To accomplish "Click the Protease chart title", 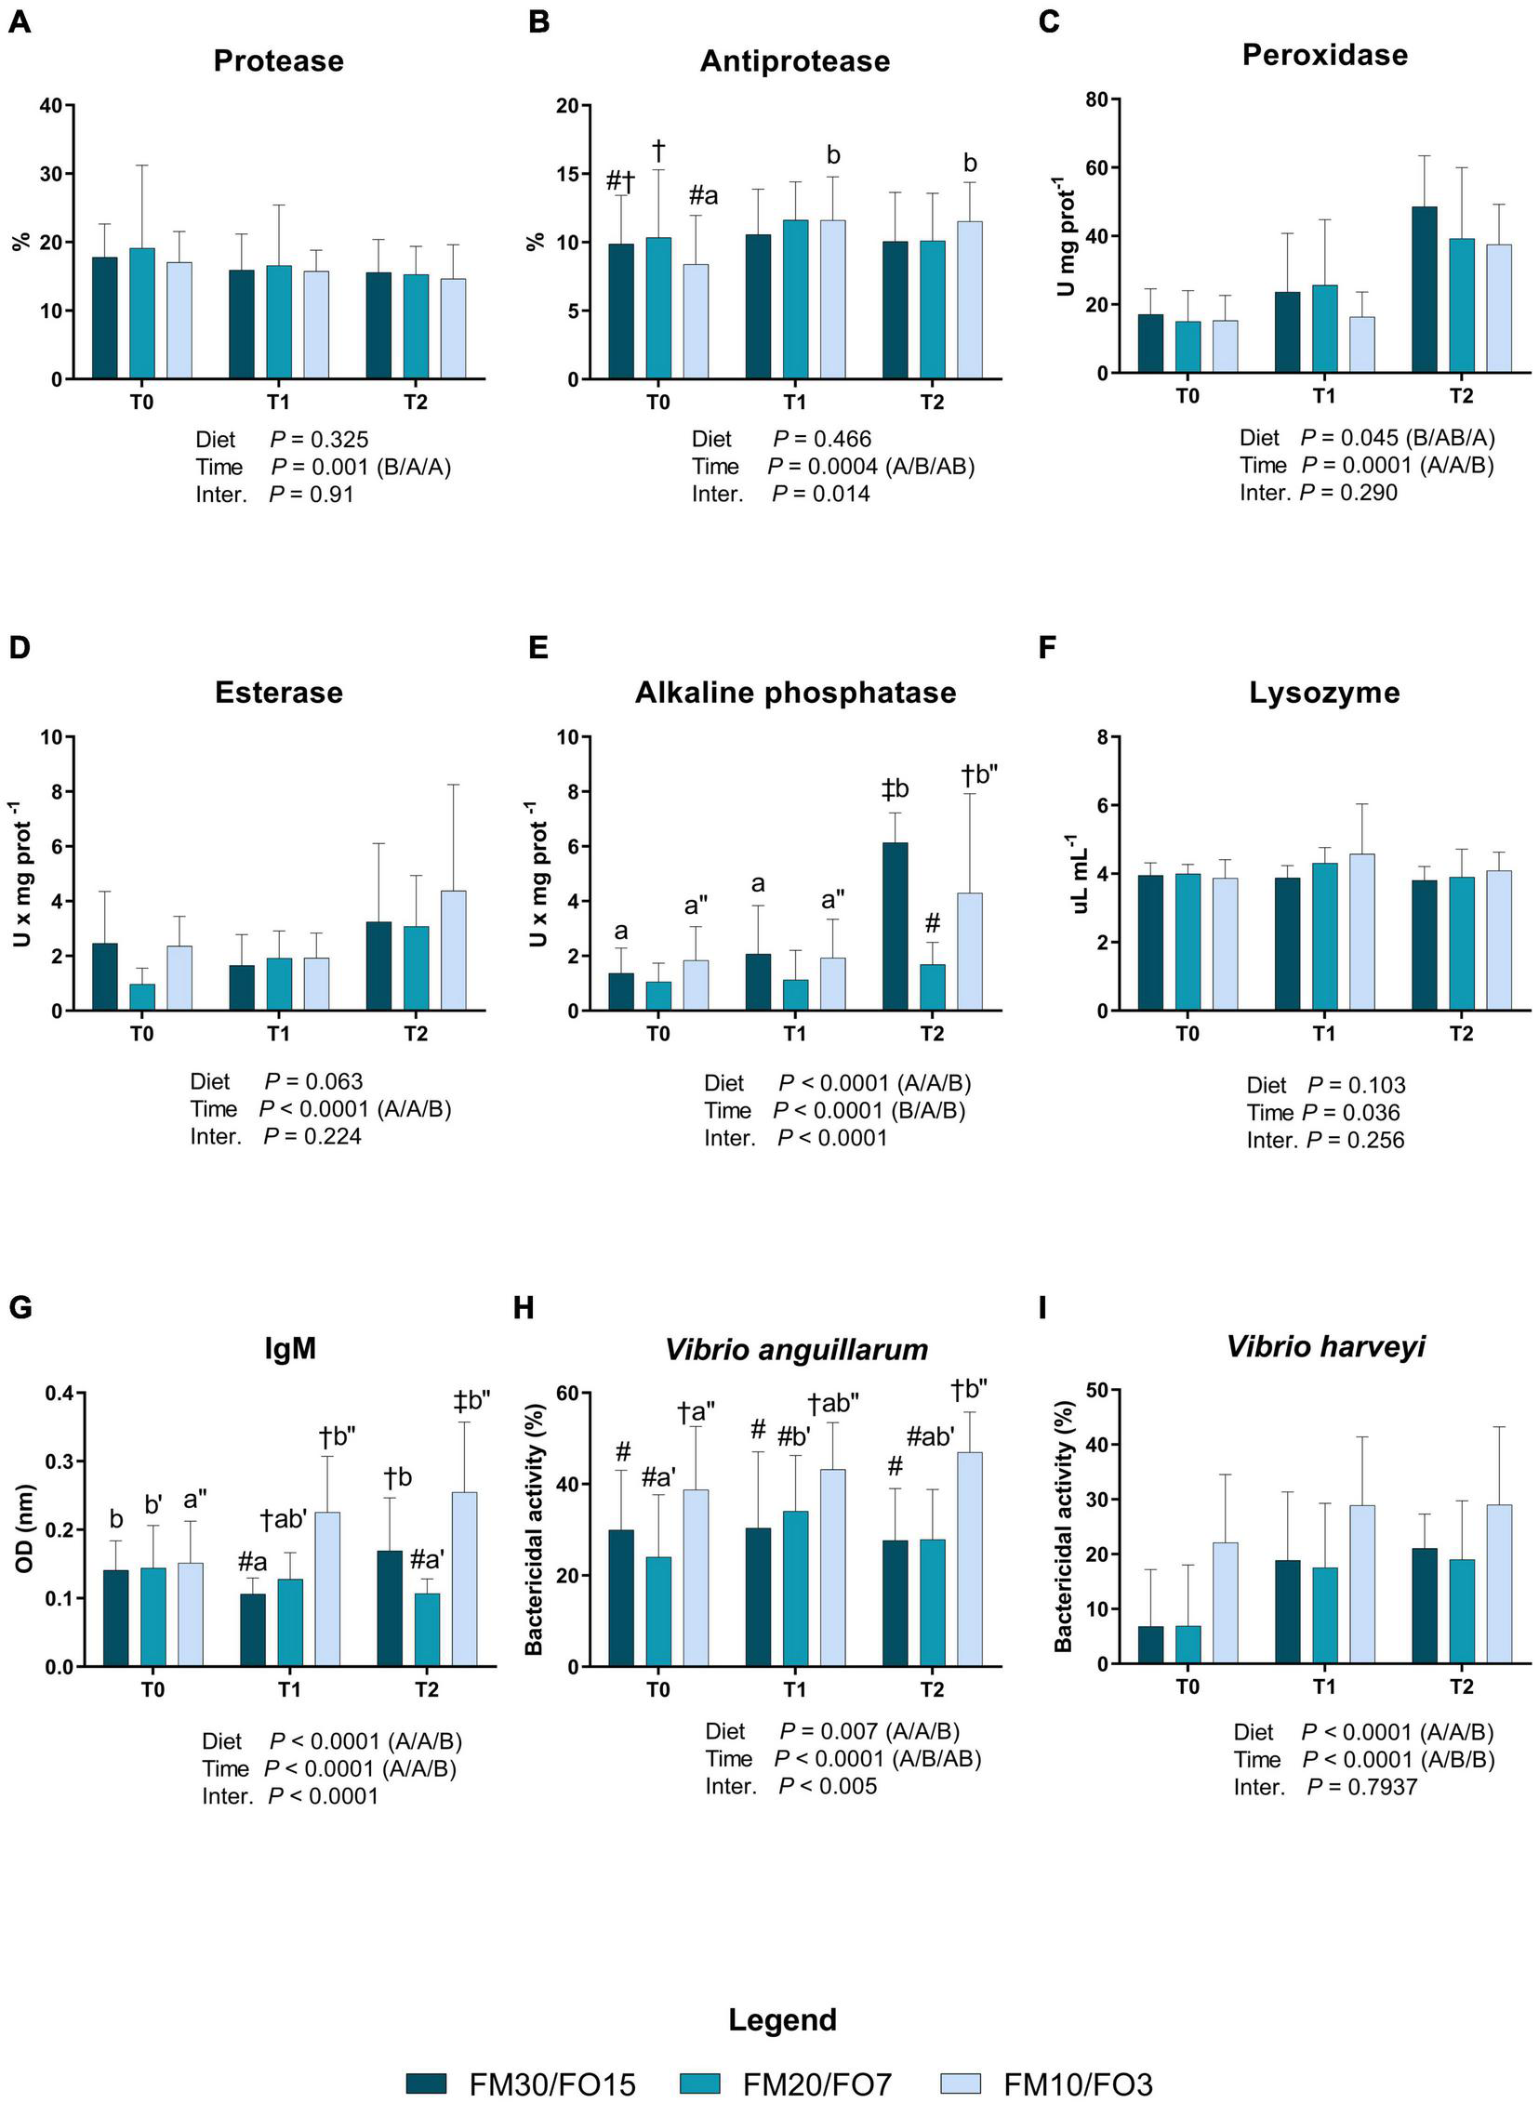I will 279,61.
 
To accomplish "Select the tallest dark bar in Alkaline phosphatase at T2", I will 895,926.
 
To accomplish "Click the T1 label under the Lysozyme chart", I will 1324,1034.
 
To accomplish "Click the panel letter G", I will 20,1307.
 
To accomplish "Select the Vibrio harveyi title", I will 1325,1347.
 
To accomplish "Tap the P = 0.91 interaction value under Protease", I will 312,495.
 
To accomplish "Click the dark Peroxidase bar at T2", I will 1424,290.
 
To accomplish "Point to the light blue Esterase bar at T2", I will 453,950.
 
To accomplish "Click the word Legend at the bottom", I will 783,2020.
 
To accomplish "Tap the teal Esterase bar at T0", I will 141,997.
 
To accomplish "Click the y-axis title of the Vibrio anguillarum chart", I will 534,1529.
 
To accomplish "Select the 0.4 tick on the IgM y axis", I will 59,1394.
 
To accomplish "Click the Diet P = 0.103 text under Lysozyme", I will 1326,1085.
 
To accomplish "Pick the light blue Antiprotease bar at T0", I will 695,322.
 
